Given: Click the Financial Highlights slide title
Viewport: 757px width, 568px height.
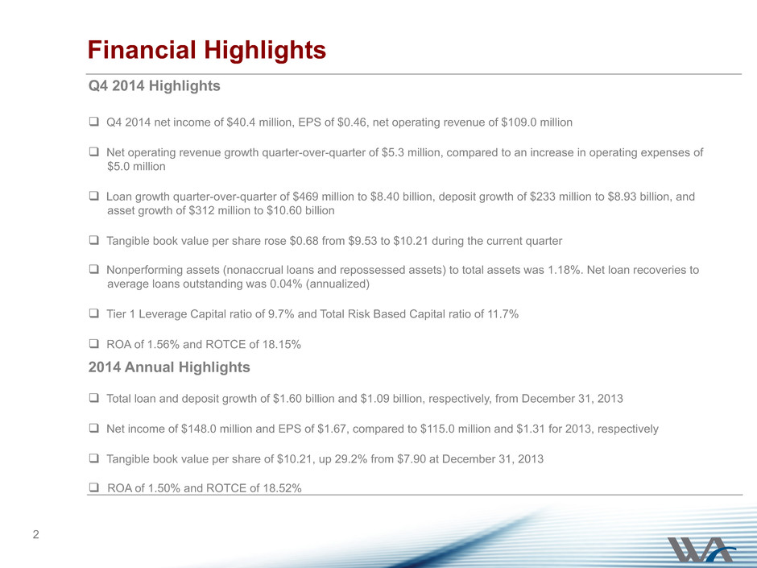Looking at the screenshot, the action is pyautogui.click(x=207, y=50).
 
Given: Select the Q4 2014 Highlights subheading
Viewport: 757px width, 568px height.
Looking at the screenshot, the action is pyautogui.click(x=154, y=86).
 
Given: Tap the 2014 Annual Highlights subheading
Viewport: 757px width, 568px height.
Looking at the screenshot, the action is pyautogui.click(x=169, y=367).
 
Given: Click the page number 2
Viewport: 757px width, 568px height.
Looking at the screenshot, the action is pyautogui.click(x=35, y=534).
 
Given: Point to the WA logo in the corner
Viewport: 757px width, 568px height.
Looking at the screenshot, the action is pyautogui.click(x=701, y=549).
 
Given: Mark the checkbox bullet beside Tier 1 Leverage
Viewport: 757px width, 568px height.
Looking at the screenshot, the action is pyautogui.click(x=94, y=313).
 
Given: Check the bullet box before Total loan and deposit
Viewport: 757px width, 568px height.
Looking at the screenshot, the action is pyautogui.click(x=94, y=398).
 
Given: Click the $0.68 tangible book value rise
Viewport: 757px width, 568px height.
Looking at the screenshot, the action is pyautogui.click(x=304, y=241).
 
